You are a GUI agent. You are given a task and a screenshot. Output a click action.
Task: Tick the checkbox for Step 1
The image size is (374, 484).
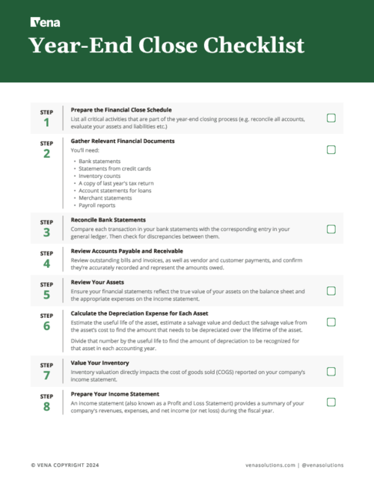point(331,118)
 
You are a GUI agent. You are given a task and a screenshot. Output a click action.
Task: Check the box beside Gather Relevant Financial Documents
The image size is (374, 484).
point(331,150)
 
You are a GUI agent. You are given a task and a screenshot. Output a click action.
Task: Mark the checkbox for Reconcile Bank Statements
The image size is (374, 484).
point(331,229)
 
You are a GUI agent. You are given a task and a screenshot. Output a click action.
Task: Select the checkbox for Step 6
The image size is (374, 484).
point(331,322)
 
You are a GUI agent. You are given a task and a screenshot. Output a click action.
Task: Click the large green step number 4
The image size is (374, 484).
point(46,265)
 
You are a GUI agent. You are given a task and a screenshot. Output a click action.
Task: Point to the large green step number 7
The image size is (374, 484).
point(46,376)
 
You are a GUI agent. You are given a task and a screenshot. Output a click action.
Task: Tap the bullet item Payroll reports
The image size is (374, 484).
point(99,204)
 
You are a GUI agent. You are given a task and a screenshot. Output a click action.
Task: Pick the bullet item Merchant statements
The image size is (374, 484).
point(105,197)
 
